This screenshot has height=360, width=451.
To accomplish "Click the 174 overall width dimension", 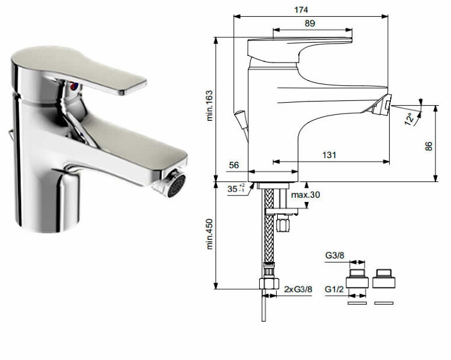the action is click(x=301, y=10).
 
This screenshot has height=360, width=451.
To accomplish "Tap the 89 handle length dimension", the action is click(x=310, y=23).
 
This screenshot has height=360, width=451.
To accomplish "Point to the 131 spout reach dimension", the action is click(x=329, y=155).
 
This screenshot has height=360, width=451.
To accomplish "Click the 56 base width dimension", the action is click(x=234, y=165).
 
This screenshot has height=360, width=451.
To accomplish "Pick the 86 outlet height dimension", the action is click(x=429, y=146).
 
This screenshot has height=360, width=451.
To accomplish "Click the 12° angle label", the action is click(x=410, y=119).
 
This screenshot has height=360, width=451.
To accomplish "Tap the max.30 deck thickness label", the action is click(x=305, y=195).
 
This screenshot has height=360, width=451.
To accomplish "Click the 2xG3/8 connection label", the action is click(x=298, y=289).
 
